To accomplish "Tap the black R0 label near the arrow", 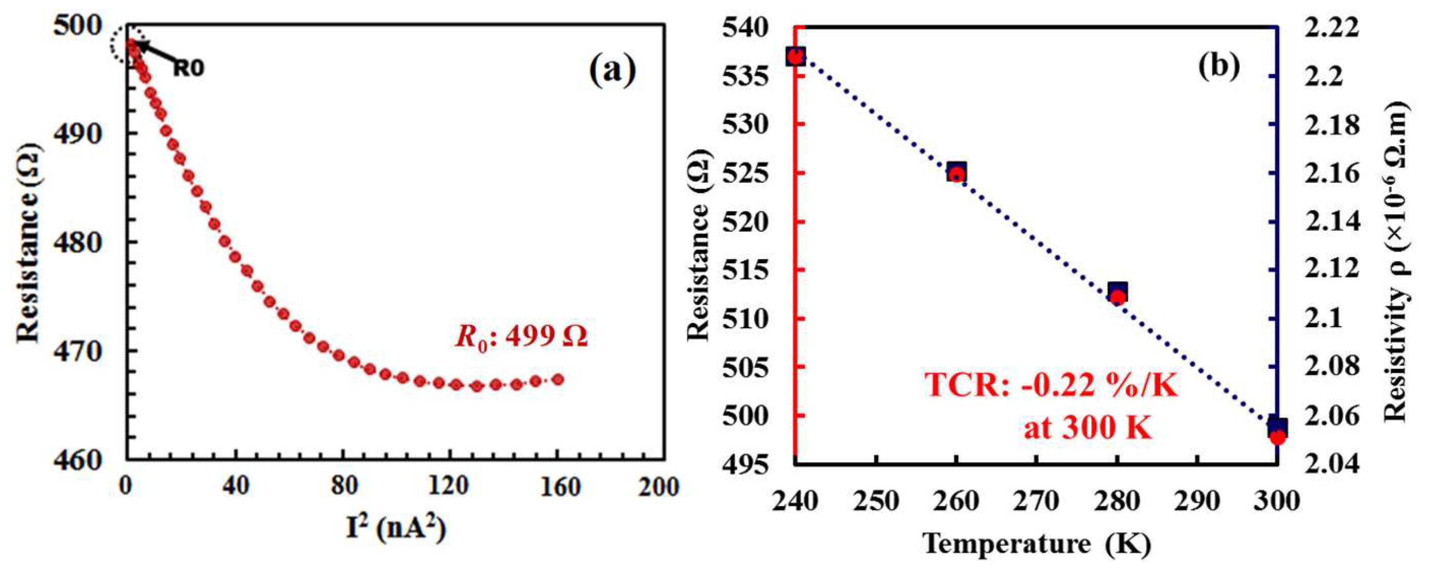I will click(189, 68).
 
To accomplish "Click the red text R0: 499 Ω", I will click(521, 336).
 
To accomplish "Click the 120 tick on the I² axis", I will click(449, 487).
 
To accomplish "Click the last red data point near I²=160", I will click(558, 379).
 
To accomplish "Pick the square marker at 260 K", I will click(957, 171).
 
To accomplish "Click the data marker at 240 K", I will click(796, 56).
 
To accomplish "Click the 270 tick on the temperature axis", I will click(1036, 502).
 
